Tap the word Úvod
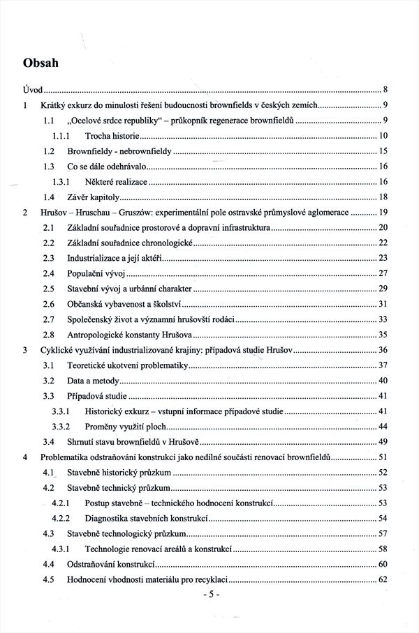click(31, 90)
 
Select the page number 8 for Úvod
click(385, 90)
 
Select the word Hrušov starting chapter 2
click(54, 213)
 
